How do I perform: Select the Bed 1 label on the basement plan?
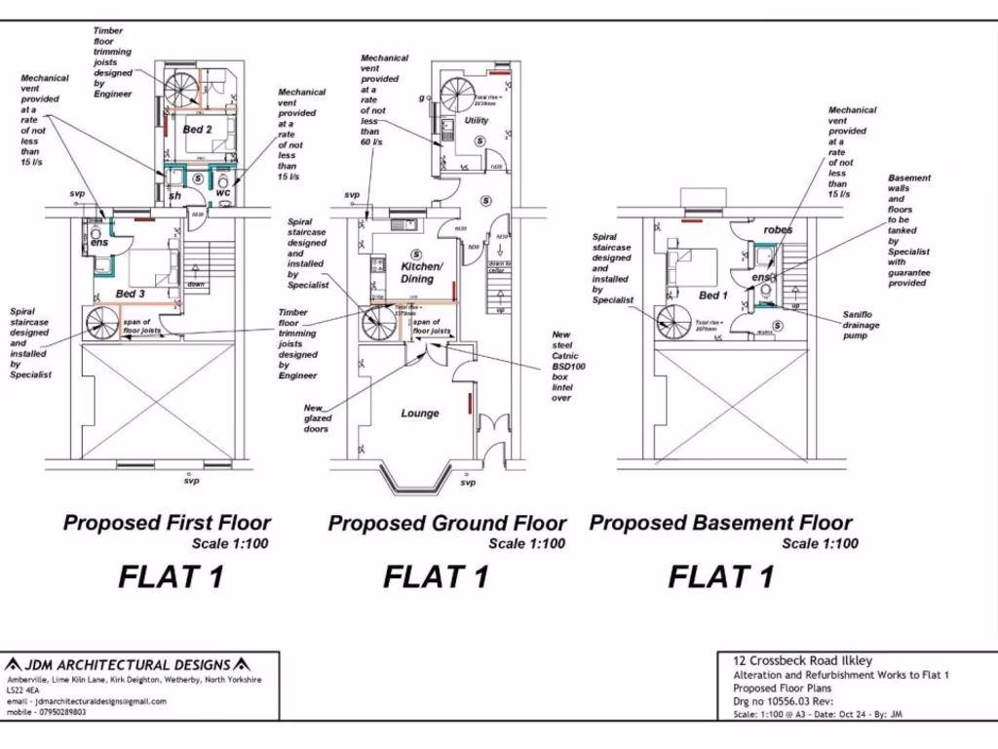click(712, 295)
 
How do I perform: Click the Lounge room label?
click(420, 413)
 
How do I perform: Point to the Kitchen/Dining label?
click(421, 272)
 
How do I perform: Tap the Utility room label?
click(477, 121)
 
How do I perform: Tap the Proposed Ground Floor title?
click(446, 523)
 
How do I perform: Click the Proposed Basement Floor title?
click(720, 523)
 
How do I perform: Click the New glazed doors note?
click(316, 418)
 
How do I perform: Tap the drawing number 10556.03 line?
click(784, 701)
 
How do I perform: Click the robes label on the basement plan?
click(778, 230)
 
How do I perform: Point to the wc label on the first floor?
click(223, 192)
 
